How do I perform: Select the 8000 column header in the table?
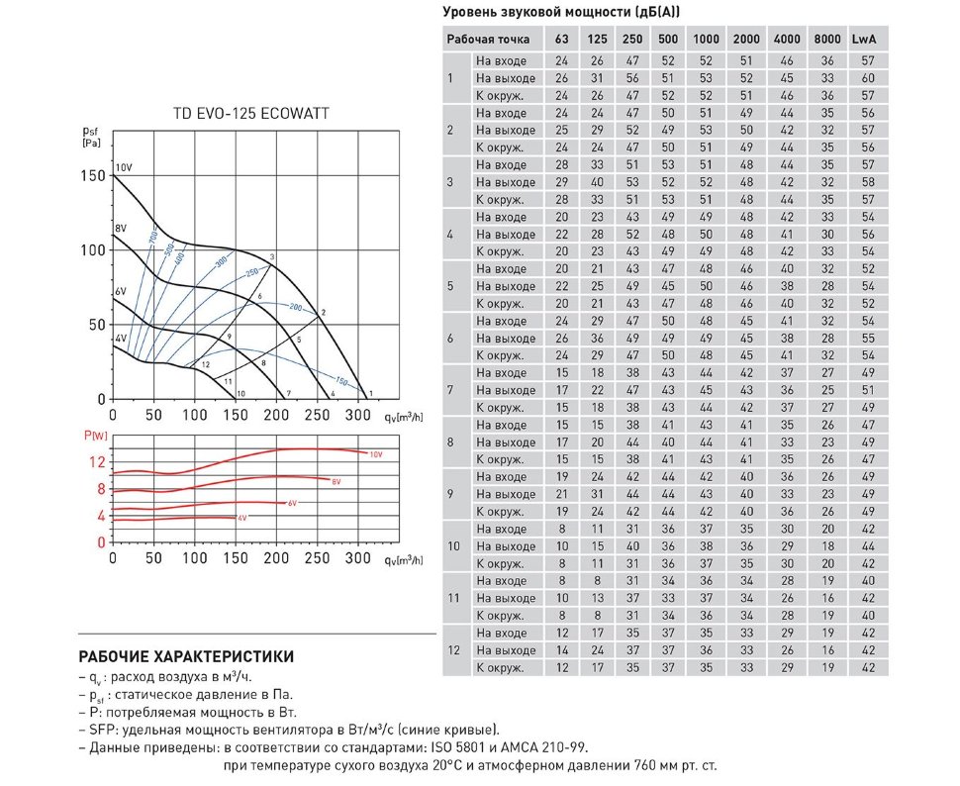pos(826,39)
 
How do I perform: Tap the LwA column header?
pos(868,39)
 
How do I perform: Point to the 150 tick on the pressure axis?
pos(94,175)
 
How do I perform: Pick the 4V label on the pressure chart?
pos(121,340)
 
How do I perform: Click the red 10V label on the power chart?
pos(375,453)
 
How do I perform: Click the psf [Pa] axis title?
pos(92,136)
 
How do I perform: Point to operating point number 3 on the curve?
pos(271,257)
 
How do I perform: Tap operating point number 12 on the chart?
pos(205,365)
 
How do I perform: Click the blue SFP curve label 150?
pos(341,381)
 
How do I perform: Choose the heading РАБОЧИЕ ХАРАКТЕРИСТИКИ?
pos(185,655)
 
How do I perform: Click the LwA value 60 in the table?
pos(868,78)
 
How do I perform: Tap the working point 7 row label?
pos(450,390)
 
